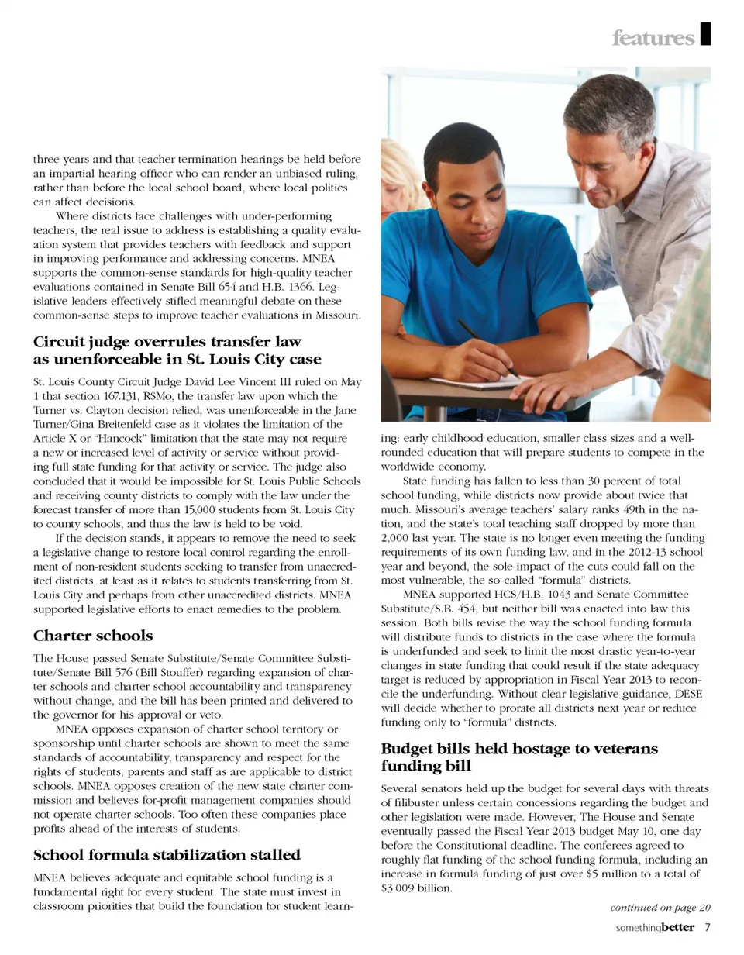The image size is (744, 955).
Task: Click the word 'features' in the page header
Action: click(x=653, y=38)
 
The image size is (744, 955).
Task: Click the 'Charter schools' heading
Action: click(x=93, y=636)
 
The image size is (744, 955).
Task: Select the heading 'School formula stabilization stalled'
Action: click(x=167, y=855)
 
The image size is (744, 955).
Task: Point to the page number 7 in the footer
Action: click(x=708, y=928)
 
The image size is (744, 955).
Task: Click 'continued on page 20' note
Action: click(x=660, y=908)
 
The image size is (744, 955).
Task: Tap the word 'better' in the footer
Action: click(x=678, y=928)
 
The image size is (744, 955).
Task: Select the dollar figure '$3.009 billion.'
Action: click(x=415, y=888)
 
